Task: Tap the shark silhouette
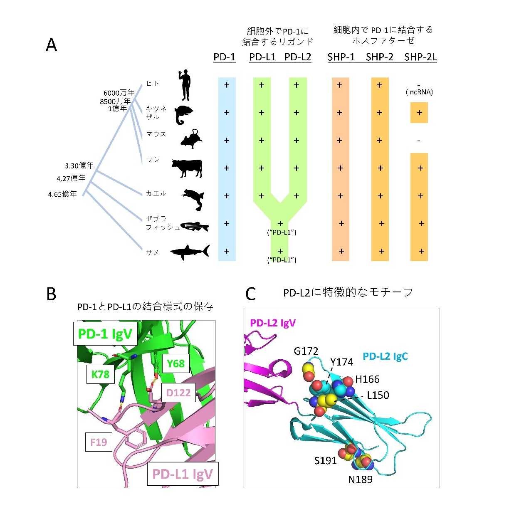click(190, 252)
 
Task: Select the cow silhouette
click(187, 168)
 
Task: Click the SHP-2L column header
click(420, 57)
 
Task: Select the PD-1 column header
click(225, 57)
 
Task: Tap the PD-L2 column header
click(298, 57)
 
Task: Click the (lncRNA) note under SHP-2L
click(419, 92)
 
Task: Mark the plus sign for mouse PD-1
click(227, 141)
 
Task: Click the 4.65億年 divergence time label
click(63, 194)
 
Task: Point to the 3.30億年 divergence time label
click(79, 166)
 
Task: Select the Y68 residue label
click(175, 363)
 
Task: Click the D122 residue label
click(178, 393)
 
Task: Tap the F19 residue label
click(99, 442)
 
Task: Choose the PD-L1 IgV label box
click(183, 474)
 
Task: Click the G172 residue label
click(306, 351)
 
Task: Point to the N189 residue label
click(360, 479)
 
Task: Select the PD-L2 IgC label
click(385, 356)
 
